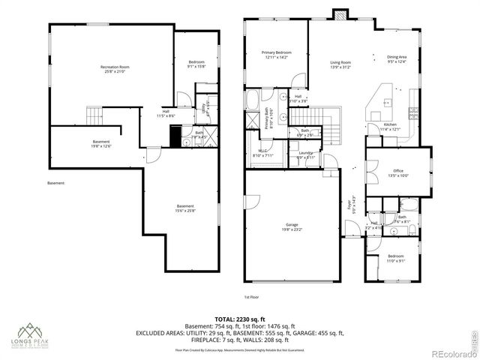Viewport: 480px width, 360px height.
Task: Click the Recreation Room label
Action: coord(112,69)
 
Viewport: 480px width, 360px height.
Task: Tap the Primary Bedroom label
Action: coord(275,55)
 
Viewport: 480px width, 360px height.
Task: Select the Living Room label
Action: coord(340,64)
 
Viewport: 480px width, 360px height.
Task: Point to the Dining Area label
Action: coord(397,59)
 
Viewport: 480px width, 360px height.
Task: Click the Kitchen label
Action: coord(390,126)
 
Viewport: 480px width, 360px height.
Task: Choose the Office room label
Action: coord(398,173)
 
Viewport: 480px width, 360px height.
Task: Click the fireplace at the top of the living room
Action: coord(341,15)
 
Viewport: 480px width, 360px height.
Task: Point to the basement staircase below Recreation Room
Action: coord(93,116)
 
